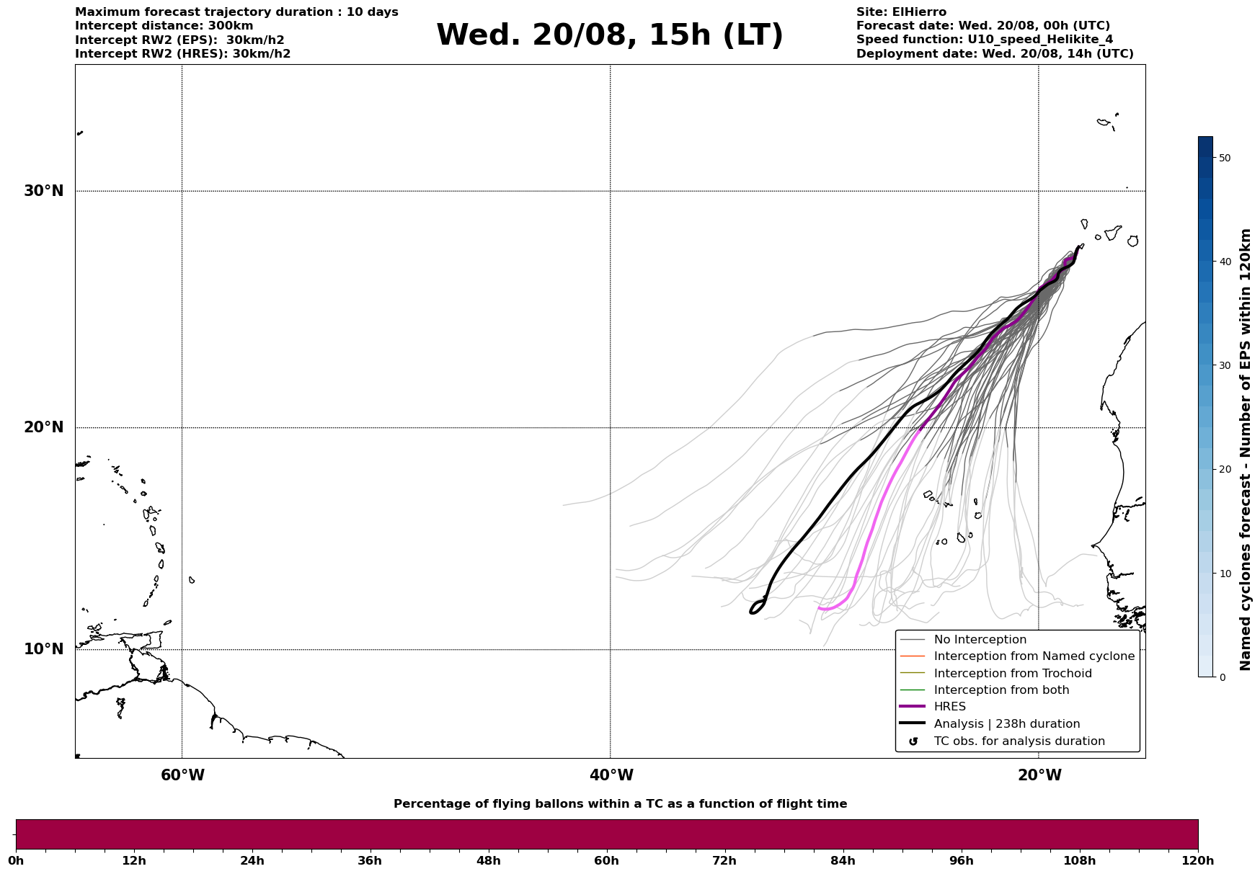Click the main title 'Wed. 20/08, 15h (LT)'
(x=609, y=35)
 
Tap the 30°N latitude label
(x=44, y=191)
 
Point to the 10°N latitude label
(x=44, y=649)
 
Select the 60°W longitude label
(x=182, y=775)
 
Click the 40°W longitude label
(x=611, y=775)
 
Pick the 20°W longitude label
(x=1039, y=775)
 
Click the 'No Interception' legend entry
(x=980, y=640)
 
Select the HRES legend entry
(x=949, y=707)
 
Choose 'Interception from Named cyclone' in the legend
(x=1034, y=656)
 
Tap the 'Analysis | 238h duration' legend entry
(x=1006, y=724)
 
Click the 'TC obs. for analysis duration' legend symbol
(x=913, y=741)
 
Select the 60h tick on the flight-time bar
(x=606, y=860)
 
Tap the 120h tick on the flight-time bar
(x=1198, y=860)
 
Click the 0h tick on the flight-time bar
(x=16, y=860)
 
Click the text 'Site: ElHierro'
(x=901, y=12)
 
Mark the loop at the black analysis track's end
(x=757, y=607)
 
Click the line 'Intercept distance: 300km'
(x=164, y=26)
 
